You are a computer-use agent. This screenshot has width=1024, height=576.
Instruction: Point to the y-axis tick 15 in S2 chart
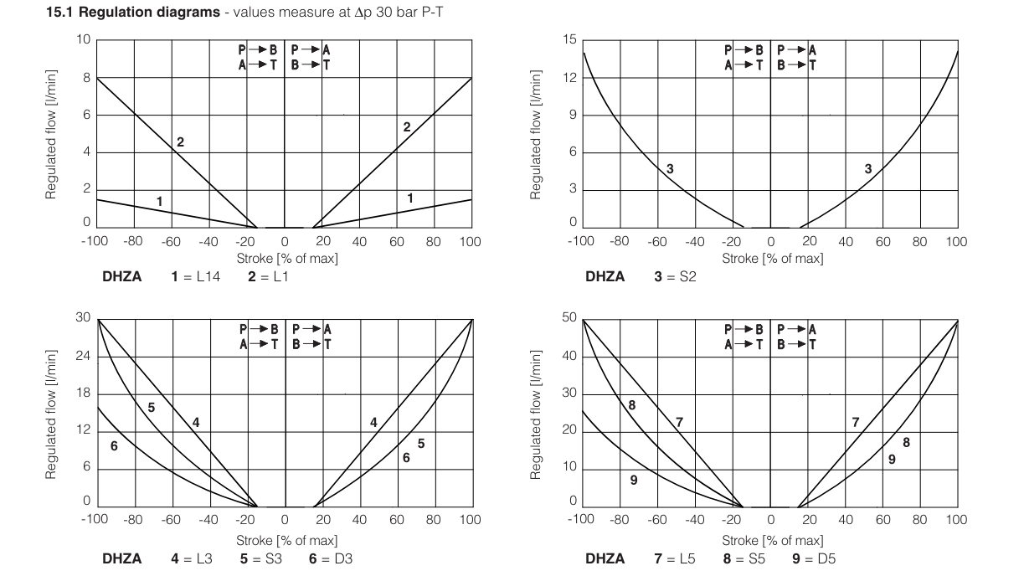[x=569, y=40]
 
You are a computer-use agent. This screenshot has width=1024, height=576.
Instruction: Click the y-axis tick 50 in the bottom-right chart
[x=569, y=319]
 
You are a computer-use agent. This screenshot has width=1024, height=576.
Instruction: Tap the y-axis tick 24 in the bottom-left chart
[x=84, y=357]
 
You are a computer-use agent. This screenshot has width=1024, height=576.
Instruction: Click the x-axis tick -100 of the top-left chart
[x=95, y=241]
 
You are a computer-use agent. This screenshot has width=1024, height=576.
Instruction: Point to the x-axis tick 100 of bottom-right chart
[x=955, y=520]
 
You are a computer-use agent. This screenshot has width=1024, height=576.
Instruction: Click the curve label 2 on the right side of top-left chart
[x=407, y=127]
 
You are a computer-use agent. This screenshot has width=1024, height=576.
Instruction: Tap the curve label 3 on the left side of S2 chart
[x=670, y=169]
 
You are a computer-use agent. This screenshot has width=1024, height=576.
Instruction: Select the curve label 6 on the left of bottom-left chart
[x=114, y=445]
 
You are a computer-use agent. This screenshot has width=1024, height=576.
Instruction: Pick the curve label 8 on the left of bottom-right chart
[x=631, y=405]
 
